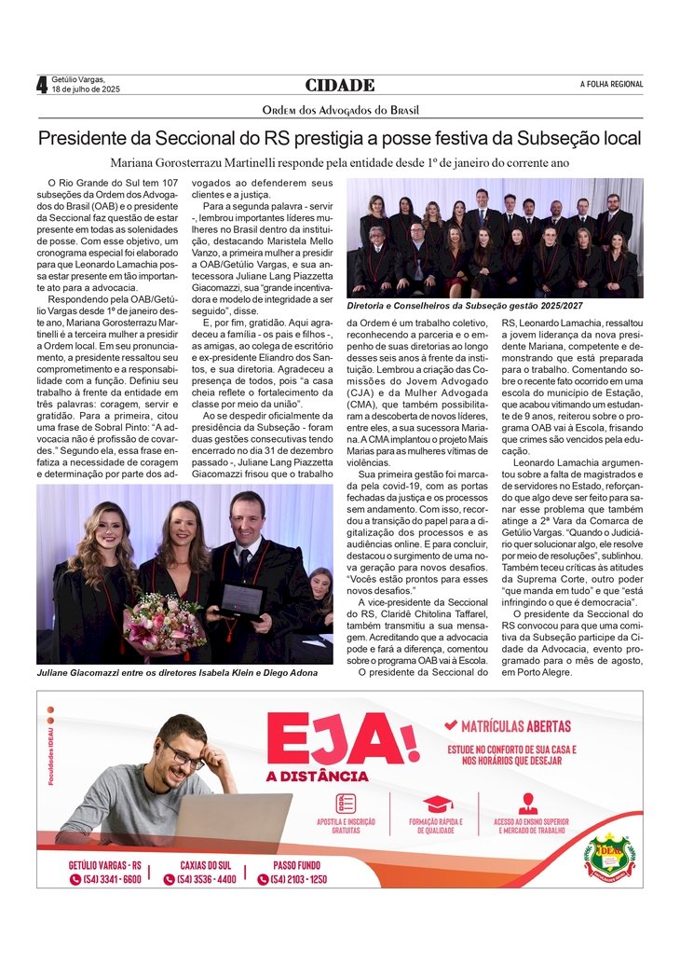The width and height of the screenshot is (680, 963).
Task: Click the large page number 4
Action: click(42, 85)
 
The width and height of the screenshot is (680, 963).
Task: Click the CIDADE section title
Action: click(339, 85)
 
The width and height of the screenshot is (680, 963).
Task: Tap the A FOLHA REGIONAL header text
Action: click(611, 85)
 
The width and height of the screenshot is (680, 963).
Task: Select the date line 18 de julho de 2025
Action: click(86, 90)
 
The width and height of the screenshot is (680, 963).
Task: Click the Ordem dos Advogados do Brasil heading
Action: click(340, 110)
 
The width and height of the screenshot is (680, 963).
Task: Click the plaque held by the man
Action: click(241, 601)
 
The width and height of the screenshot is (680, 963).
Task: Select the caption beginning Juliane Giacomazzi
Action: click(177, 672)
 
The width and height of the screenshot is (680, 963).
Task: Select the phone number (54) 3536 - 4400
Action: click(206, 879)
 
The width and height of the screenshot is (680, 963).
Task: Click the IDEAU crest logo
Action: click(609, 856)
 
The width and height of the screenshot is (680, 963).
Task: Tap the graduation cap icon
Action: click(437, 804)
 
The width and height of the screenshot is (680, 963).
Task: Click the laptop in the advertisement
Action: click(232, 820)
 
